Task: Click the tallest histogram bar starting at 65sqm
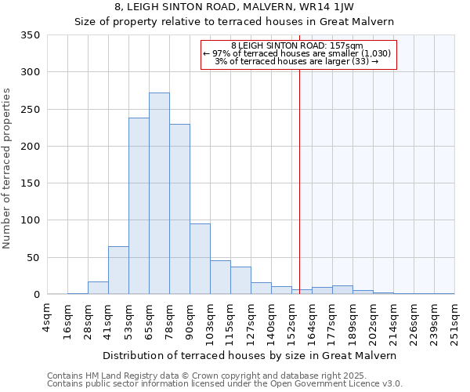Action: [159, 194]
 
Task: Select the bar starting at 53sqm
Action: [139, 206]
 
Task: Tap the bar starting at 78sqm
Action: [179, 209]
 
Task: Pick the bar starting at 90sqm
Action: [200, 259]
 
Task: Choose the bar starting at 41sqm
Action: [118, 270]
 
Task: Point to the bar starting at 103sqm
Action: [220, 278]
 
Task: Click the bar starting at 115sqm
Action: [240, 281]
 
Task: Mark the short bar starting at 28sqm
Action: [98, 288]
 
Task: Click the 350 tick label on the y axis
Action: [31, 35]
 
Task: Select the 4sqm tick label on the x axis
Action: [47, 318]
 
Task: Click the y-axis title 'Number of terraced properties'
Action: [7, 169]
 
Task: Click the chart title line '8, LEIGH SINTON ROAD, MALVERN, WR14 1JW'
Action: [234, 7]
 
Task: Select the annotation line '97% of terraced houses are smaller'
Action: [299, 53]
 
